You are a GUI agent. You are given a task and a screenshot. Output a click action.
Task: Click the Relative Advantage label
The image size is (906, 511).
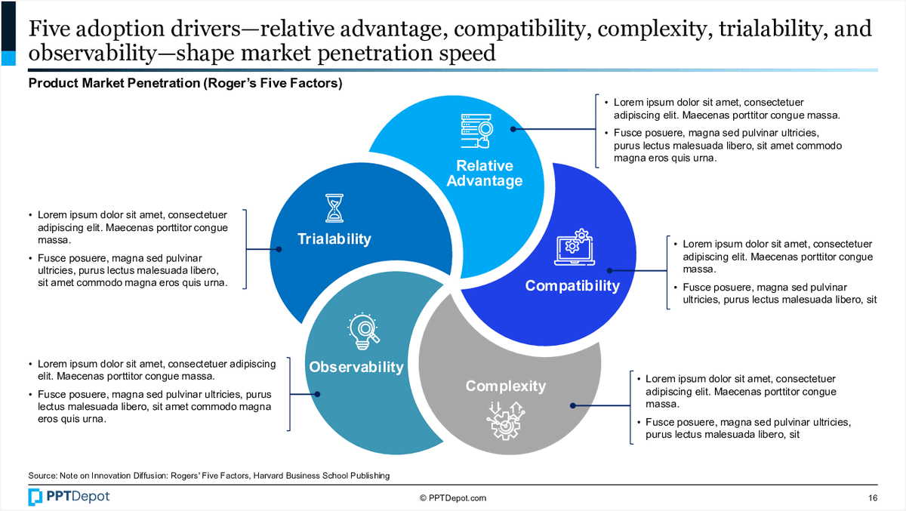point(484,174)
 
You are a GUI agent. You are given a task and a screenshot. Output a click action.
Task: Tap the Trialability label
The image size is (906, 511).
point(334,239)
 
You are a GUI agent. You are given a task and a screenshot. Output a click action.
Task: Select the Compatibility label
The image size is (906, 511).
point(572,285)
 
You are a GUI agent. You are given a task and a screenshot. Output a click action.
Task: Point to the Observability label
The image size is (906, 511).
point(356,368)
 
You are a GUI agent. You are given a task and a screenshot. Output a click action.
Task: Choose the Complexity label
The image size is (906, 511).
point(505,386)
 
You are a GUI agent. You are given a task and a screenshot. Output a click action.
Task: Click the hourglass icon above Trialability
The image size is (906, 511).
point(334,208)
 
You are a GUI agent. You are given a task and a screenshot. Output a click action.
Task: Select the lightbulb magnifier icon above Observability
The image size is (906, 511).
point(362,331)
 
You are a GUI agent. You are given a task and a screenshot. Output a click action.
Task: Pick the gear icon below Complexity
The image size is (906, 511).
point(506,420)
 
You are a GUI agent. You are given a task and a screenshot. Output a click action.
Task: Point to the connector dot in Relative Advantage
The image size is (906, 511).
point(513,129)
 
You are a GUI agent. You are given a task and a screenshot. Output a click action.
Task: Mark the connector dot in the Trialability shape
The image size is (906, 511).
point(279,249)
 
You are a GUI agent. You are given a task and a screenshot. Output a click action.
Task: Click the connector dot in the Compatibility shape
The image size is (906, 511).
point(610,269)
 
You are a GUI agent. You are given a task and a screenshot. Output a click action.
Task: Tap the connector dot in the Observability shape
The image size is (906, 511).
point(317,394)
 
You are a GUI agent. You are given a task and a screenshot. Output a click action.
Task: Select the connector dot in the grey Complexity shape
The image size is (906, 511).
point(572,406)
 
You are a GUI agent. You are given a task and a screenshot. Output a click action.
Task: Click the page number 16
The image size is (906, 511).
point(873,498)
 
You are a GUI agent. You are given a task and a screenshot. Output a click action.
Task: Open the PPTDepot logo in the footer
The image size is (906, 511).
point(69,497)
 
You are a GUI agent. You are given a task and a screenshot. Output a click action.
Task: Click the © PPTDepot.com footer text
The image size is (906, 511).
point(453,498)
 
